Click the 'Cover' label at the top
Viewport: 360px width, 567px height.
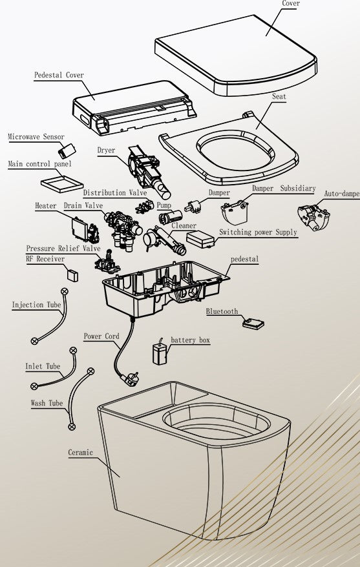coord(291,4)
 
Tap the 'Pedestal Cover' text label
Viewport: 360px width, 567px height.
coord(59,75)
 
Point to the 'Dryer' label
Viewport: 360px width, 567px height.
coord(106,150)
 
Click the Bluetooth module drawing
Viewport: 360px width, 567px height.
coord(253,323)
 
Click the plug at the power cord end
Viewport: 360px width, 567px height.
coord(129,382)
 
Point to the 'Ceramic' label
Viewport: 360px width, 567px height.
coord(81,453)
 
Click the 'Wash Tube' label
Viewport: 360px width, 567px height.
coord(47,404)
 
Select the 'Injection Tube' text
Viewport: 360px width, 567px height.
coord(37,305)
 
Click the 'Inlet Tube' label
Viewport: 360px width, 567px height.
coord(43,366)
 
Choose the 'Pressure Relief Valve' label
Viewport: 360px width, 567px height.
coord(63,249)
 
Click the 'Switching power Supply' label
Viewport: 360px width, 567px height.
coord(258,232)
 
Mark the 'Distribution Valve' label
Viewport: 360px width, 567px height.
coord(114,192)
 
